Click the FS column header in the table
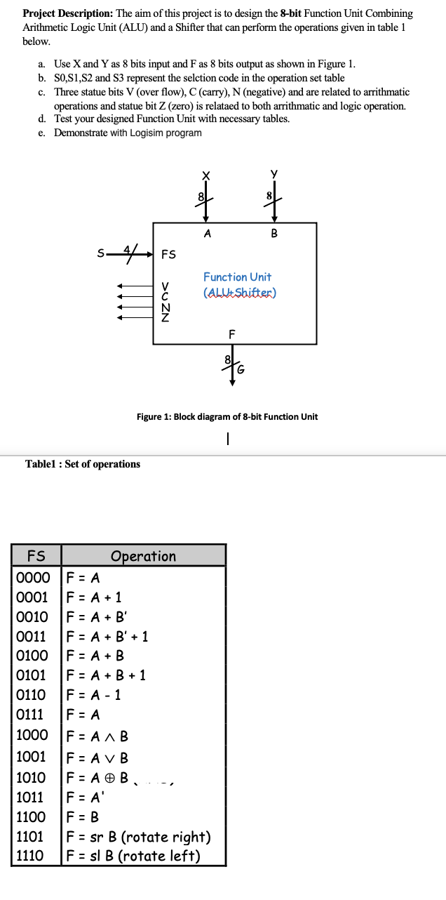coord(36,556)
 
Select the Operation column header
coord(143,556)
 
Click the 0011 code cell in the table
coord(32,637)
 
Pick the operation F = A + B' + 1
coord(107,637)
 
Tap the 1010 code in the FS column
coord(32,778)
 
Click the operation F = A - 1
coord(94,695)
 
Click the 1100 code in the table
coord(32,817)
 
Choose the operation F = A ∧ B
coord(97,736)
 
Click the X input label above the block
coord(205,176)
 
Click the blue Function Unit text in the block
coord(237,277)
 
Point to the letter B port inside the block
coord(273,234)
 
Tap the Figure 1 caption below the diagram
coord(227,417)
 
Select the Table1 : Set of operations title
coord(83,464)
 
